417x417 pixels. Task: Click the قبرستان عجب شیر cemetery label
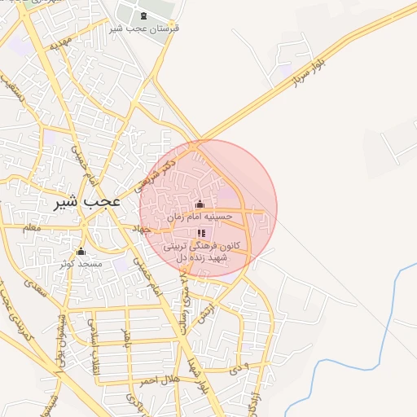(144, 29)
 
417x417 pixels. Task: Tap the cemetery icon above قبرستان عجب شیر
(144, 16)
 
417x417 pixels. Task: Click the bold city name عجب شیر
(87, 201)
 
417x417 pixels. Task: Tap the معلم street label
(33, 228)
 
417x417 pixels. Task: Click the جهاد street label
(143, 230)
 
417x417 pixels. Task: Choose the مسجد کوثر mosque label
(81, 263)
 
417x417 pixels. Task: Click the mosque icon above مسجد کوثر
(81, 251)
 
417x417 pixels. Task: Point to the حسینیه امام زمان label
(200, 217)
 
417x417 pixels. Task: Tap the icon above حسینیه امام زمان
(200, 204)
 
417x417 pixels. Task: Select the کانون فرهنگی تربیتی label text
(200, 245)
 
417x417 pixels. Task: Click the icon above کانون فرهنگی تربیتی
(200, 234)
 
